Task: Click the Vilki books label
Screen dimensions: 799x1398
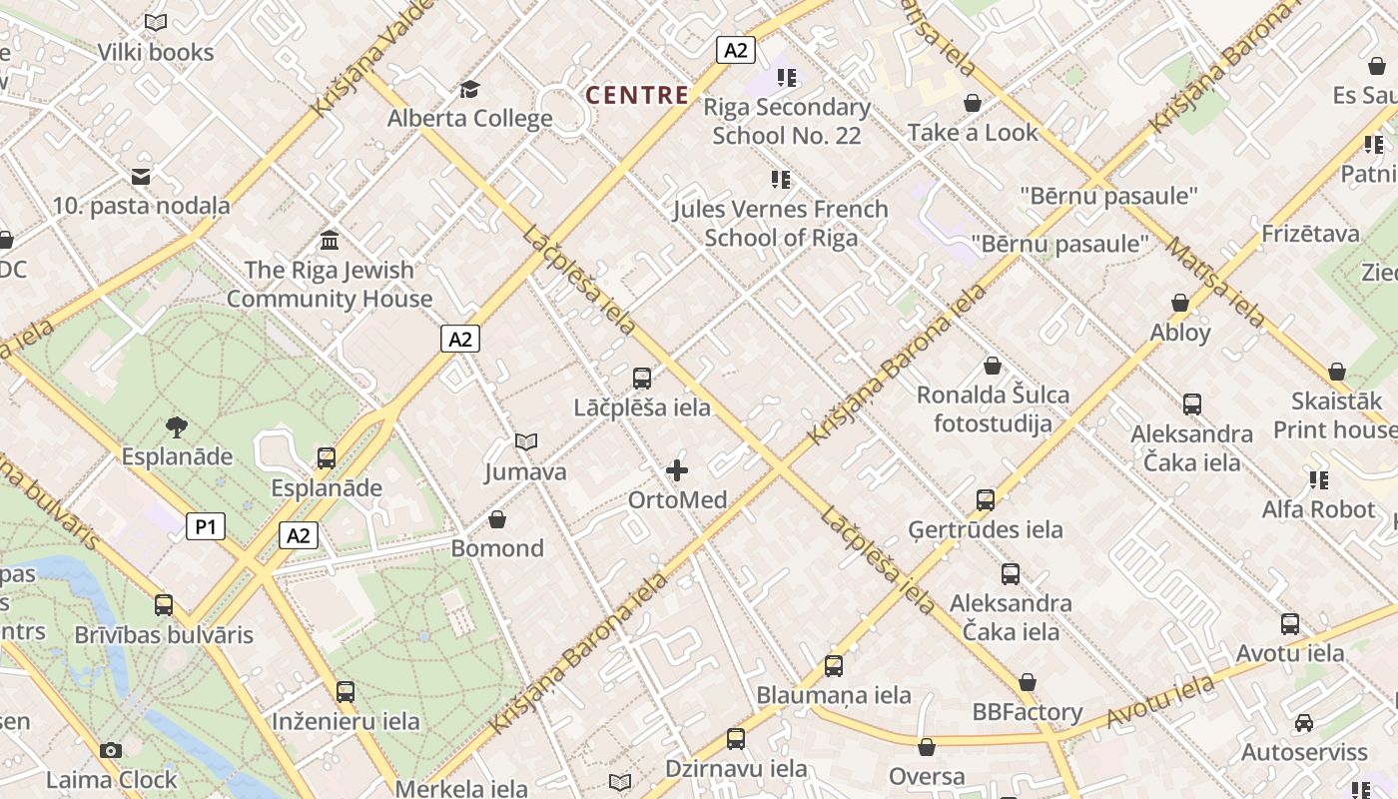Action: coord(156,52)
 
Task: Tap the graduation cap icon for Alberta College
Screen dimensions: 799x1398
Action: coord(469,90)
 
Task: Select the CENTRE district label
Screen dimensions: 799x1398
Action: coord(637,95)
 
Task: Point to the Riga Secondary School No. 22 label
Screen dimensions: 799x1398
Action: coord(787,121)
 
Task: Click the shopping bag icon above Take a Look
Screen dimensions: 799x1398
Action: coord(973,103)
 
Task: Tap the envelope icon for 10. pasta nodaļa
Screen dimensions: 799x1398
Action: coord(141,177)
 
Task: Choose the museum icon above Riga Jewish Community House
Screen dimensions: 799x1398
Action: coord(330,240)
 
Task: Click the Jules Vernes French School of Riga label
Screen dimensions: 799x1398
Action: coord(780,223)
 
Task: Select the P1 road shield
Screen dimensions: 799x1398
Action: coord(206,526)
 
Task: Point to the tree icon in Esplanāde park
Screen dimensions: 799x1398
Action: coord(177,427)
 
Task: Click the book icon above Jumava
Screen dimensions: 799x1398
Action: coord(526,441)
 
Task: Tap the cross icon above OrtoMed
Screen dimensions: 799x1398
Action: coord(677,469)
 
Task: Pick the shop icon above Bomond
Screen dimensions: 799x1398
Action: coord(497,519)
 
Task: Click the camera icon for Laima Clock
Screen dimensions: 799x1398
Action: coord(111,750)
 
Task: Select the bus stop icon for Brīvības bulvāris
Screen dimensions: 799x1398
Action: coord(164,605)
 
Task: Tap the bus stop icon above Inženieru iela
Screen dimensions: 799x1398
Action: coord(346,691)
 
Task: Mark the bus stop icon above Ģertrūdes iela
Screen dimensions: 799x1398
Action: coord(986,500)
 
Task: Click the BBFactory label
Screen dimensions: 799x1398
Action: coord(1028,712)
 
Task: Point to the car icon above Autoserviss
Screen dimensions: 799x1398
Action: coord(1303,722)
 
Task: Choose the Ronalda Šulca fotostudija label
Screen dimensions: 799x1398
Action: coord(993,408)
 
